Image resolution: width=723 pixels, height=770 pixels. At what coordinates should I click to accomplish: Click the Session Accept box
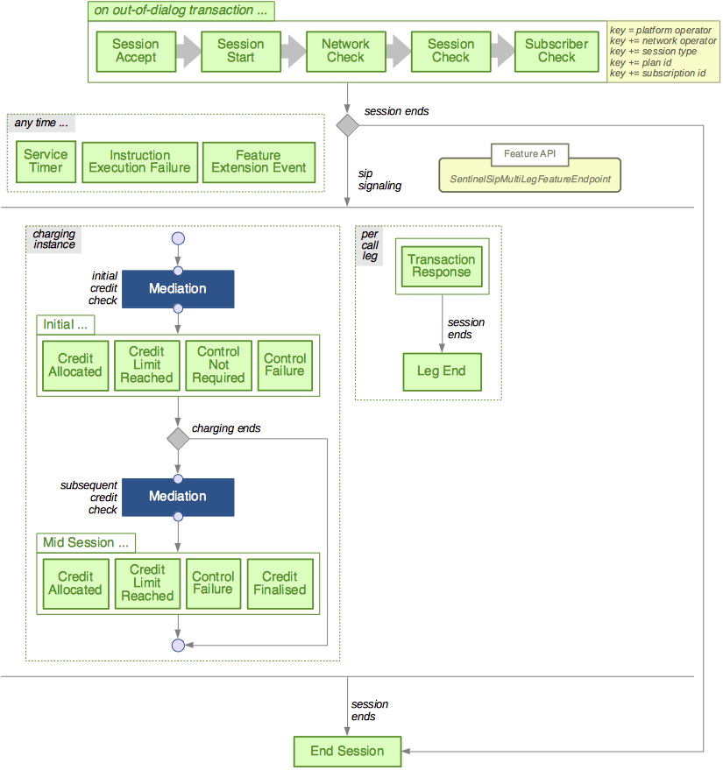click(135, 51)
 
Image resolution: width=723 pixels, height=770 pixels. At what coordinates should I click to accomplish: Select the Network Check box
click(345, 51)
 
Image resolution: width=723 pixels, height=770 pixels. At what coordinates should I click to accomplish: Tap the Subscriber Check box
click(556, 51)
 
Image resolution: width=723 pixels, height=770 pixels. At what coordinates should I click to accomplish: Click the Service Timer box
click(46, 161)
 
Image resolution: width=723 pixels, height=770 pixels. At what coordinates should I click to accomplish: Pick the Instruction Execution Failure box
click(139, 161)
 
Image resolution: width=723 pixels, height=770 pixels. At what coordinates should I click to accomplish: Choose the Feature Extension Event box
click(259, 161)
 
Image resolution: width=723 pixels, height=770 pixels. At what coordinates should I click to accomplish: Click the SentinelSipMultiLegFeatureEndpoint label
click(529, 179)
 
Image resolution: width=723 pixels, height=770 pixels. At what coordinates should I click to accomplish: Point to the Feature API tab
click(529, 154)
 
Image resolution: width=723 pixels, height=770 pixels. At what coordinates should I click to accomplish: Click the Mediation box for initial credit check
click(178, 288)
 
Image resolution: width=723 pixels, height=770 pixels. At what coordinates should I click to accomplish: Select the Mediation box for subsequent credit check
click(178, 496)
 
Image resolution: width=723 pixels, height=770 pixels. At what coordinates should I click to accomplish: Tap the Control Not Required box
click(218, 364)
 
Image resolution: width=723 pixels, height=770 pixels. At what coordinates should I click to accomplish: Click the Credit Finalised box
click(280, 583)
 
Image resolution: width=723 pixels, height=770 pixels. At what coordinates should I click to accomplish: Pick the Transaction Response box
click(442, 265)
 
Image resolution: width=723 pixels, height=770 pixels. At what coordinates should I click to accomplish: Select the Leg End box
click(442, 371)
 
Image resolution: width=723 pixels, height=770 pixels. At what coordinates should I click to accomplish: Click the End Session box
click(348, 751)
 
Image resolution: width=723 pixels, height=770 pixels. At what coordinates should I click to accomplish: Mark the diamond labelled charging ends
click(178, 438)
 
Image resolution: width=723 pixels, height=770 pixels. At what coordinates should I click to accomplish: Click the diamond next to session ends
click(348, 125)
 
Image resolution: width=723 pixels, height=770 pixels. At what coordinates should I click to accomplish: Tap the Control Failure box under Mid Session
click(212, 583)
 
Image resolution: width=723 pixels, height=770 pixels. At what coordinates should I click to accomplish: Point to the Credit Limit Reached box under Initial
click(146, 364)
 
